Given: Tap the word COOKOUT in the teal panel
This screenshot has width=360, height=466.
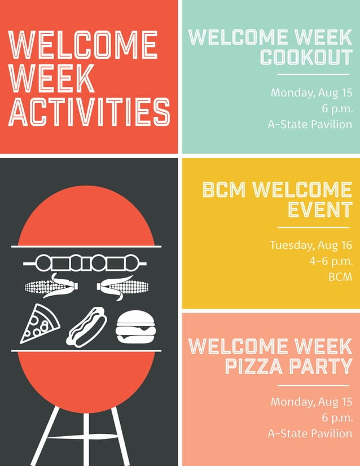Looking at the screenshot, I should (306, 58).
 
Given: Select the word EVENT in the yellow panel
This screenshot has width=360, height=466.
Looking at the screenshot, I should (320, 210).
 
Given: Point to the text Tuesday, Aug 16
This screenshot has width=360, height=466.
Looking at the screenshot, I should (310, 245).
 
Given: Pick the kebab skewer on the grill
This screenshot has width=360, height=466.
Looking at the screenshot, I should (86, 263).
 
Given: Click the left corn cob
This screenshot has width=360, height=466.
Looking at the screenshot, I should (49, 287).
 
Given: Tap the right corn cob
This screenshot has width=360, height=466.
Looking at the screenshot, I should (122, 287).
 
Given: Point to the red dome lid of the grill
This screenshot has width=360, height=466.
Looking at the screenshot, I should (86, 217).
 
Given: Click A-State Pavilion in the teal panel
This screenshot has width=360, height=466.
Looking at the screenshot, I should (310, 124).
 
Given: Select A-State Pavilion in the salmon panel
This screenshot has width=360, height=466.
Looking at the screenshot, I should (310, 433).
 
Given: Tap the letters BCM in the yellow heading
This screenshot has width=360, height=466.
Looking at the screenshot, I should (224, 190).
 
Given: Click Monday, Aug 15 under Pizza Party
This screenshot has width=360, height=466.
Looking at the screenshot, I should (311, 402).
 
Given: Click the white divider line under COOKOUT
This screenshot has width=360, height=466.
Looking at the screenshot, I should (313, 74).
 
